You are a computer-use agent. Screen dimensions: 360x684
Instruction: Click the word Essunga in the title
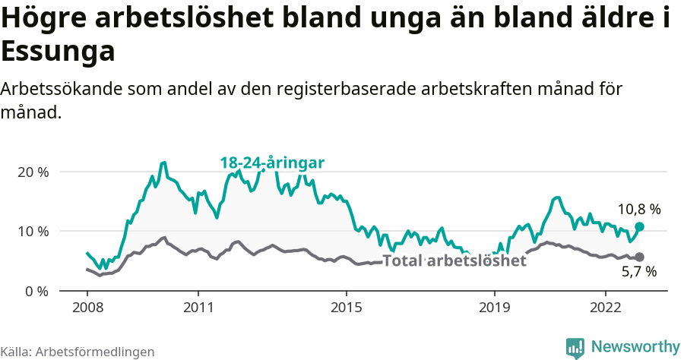click(59, 52)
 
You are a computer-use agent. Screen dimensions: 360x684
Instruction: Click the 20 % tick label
click(33, 172)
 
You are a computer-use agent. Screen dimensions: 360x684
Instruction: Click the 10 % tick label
click(33, 231)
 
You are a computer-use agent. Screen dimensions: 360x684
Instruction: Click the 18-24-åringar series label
click(272, 163)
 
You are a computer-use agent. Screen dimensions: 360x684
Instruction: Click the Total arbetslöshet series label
click(454, 261)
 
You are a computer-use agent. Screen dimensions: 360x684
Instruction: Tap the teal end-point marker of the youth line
click(639, 226)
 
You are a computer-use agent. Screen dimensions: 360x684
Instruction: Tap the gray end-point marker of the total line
click(639, 257)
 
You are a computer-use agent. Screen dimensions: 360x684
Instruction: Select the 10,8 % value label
click(638, 209)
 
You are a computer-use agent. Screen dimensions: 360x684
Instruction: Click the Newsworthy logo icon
click(575, 347)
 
